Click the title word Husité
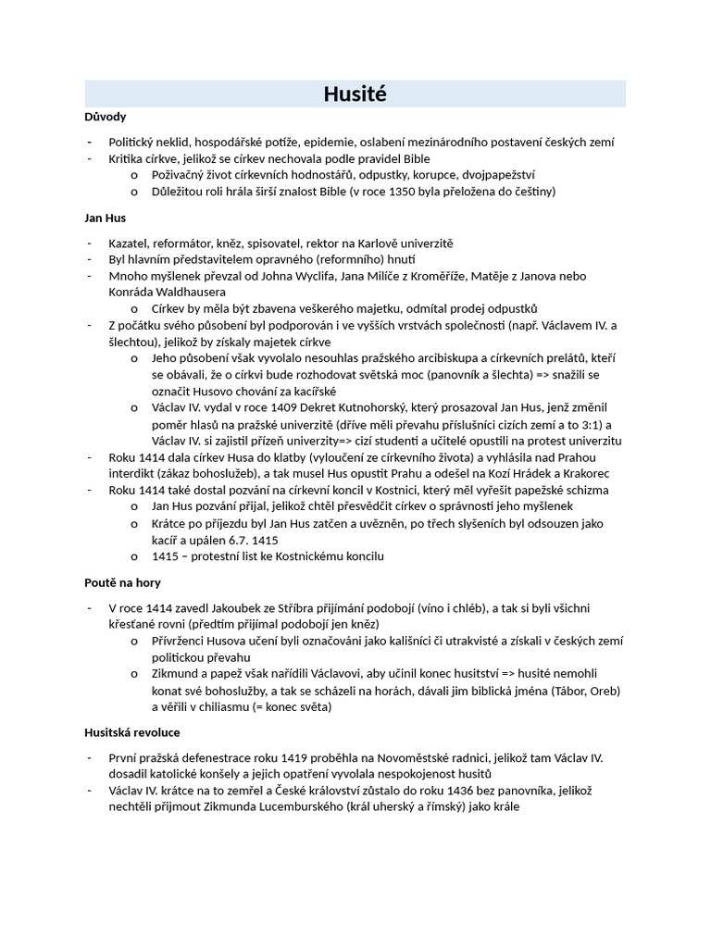pyautogui.click(x=355, y=94)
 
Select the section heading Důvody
pyautogui.click(x=105, y=118)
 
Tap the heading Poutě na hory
pyautogui.click(x=122, y=582)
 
